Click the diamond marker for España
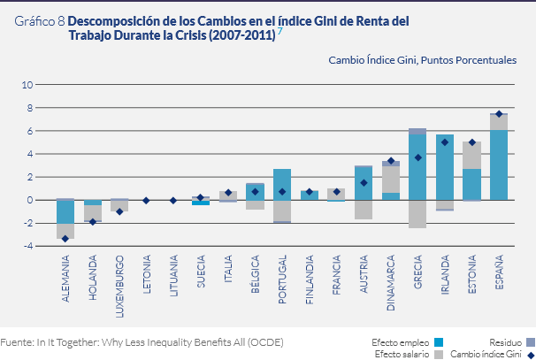[499, 114]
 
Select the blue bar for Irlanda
[445, 168]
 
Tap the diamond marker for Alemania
[65, 239]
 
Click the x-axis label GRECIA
[418, 279]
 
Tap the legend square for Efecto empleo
[439, 341]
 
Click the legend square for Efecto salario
[439, 354]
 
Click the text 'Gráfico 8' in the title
[40, 27]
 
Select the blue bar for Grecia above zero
[417, 166]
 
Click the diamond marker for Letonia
[146, 200]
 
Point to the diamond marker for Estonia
[472, 142]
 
